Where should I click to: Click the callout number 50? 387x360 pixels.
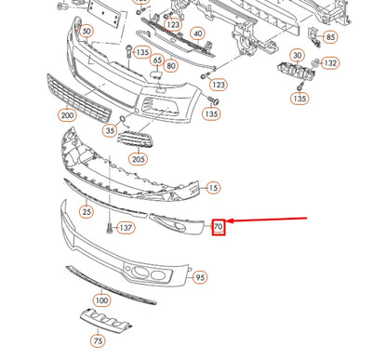(x=87, y=32)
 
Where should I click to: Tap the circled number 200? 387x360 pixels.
(x=66, y=115)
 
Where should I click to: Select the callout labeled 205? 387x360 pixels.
(x=139, y=159)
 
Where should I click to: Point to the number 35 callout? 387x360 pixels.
(x=110, y=132)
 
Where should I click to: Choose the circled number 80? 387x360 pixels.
(x=170, y=67)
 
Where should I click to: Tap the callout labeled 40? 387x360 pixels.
(x=197, y=33)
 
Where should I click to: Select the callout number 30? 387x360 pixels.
(x=297, y=57)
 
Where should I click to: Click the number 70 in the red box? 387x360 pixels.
(x=219, y=226)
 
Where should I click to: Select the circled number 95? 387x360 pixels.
(x=200, y=276)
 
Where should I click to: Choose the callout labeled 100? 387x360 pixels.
(x=100, y=300)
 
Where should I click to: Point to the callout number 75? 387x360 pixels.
(x=99, y=340)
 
